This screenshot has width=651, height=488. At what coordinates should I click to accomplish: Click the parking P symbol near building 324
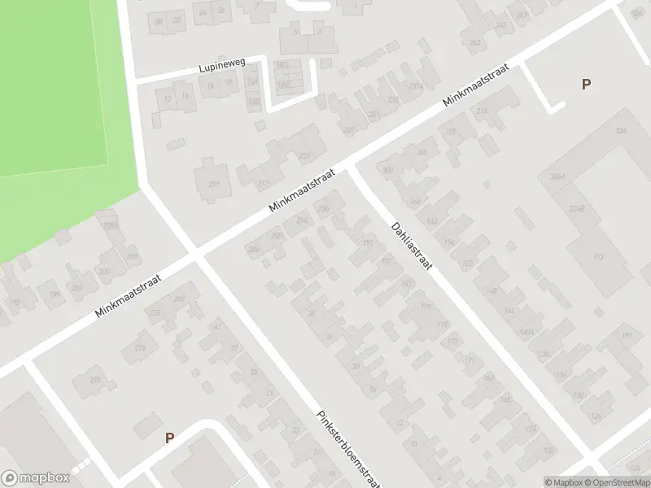tap(585, 84)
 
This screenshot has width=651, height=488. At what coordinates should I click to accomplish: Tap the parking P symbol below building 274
tap(169, 438)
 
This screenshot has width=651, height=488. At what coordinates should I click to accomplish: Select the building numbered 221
tap(306, 156)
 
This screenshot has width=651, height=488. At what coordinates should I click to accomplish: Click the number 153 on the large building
tap(598, 258)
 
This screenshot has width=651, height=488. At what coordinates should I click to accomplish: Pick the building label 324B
tap(577, 209)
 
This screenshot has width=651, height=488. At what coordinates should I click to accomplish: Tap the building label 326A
tap(557, 176)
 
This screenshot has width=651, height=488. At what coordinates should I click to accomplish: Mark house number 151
tap(627, 335)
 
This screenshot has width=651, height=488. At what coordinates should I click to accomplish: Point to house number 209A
tap(111, 225)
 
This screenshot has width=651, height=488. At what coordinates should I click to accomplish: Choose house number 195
tap(14, 303)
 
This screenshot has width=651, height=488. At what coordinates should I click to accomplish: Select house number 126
tap(596, 416)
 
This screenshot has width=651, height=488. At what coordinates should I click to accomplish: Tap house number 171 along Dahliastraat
tap(469, 360)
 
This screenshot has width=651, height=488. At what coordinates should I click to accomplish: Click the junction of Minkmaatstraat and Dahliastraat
tap(350, 167)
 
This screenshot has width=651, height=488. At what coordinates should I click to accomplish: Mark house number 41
tap(216, 326)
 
